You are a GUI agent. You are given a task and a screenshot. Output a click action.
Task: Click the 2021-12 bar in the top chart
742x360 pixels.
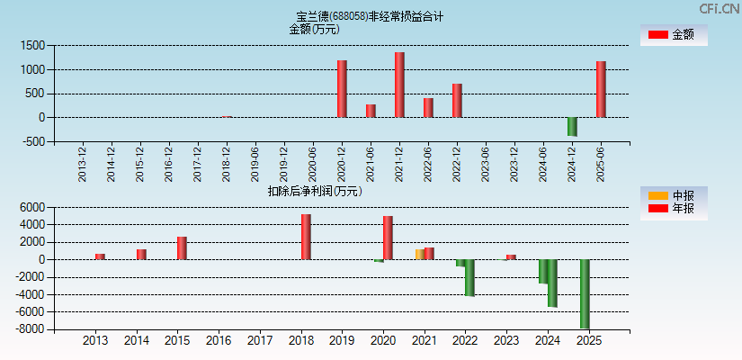399,85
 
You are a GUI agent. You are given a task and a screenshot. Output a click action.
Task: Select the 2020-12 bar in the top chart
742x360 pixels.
342,88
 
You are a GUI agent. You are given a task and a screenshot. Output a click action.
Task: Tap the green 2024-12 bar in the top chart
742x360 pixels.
572,127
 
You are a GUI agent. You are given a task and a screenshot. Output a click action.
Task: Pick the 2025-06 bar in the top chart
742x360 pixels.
601,89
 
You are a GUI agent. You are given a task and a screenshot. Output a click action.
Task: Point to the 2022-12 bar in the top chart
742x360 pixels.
457,101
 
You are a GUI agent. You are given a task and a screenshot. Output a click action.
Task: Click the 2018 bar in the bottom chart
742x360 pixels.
306,237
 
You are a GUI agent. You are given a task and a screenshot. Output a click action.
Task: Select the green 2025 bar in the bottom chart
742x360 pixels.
585,294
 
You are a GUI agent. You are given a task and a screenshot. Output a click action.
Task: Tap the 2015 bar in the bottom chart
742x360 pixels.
182,248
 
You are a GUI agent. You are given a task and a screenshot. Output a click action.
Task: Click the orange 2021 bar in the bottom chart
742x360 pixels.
419,255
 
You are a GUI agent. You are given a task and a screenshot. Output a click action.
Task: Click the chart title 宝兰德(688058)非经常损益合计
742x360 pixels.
370,16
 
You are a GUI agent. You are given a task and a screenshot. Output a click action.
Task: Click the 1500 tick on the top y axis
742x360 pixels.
33,45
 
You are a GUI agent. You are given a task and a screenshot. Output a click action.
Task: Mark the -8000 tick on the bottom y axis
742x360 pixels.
30,330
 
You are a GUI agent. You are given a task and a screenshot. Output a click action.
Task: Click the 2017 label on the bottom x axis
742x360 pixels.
260,341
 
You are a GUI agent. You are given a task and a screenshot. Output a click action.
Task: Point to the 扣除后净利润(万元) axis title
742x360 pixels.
314,191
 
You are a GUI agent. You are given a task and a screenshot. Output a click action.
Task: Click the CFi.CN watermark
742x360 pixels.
719,8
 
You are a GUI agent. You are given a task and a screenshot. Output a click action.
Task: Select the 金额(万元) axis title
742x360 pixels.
314,29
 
